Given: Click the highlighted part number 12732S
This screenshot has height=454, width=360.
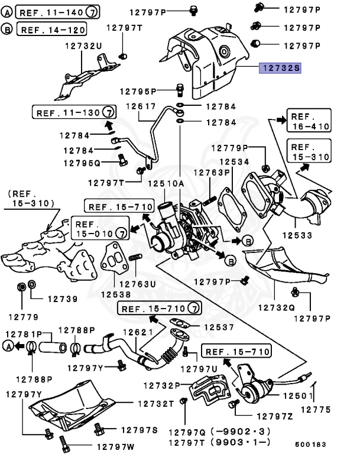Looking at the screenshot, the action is (280, 69).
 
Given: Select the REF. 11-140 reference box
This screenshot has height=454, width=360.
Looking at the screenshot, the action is (57, 12).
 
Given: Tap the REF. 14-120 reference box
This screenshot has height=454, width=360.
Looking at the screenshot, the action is (52, 29).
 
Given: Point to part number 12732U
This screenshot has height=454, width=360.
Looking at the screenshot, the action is (83, 46).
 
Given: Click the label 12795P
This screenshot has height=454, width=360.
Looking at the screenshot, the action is (138, 92).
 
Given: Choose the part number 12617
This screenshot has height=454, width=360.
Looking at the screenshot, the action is (141, 106).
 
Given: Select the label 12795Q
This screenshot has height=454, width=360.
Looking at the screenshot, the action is (82, 164).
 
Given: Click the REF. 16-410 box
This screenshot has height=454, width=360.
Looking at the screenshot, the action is (309, 121).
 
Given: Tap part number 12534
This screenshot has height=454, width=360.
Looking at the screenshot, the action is (234, 161).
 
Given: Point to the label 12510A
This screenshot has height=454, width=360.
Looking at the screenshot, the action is (166, 184).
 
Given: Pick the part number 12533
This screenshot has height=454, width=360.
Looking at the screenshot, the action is (297, 235).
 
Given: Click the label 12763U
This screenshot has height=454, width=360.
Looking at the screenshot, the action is (138, 284).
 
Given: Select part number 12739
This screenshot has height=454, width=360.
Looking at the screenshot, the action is (63, 299).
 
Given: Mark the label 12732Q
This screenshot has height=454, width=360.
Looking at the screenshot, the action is (276, 308).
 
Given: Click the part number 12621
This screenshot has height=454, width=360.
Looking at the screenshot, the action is (138, 332).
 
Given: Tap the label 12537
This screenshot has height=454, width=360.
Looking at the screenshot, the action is (219, 327).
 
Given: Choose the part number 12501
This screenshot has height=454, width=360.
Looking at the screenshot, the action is (298, 396).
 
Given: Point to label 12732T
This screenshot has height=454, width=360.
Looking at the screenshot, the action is (156, 404).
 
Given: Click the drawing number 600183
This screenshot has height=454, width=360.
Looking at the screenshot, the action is (311, 445).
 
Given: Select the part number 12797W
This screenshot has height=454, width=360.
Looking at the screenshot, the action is (115, 447).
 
